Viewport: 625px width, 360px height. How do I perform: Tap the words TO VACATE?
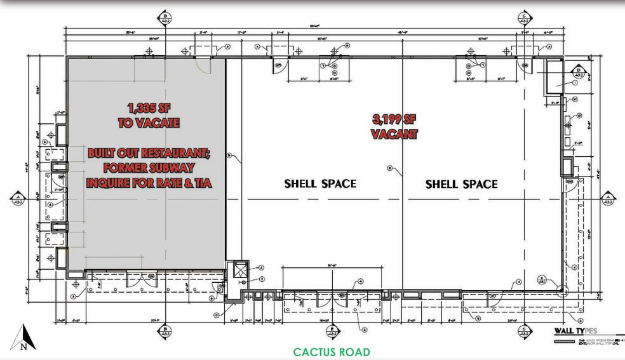tap(149, 123)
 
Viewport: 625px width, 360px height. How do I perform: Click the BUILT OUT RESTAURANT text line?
tap(149, 154)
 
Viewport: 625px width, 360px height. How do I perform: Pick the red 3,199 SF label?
tap(394, 119)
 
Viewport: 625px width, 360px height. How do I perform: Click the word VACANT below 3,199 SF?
tap(394, 135)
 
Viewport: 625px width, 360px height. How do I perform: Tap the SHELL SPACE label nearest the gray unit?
tap(320, 184)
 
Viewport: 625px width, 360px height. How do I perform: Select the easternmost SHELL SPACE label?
tap(461, 184)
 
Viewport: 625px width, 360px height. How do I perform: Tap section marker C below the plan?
tap(525, 333)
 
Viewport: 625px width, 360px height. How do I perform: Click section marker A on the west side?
tap(18, 199)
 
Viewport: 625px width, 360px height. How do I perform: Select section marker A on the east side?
tap(608, 199)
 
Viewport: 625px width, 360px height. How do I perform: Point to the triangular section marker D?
tap(579, 71)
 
